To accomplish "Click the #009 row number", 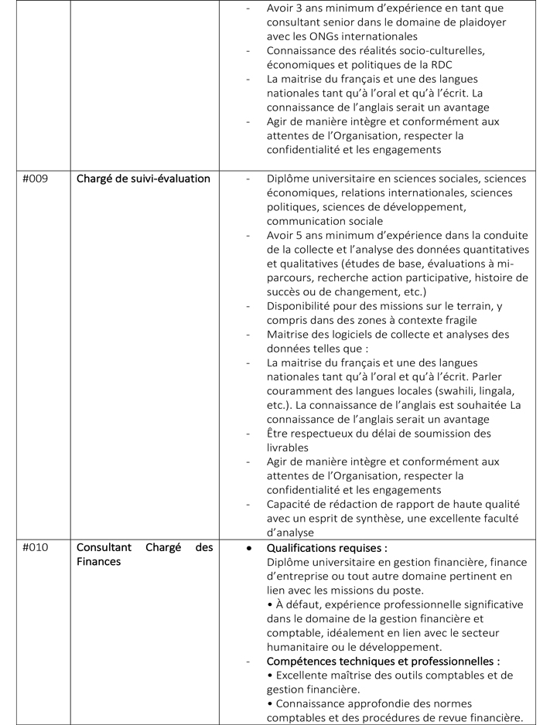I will tap(35, 179).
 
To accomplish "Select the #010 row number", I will tap(35, 547).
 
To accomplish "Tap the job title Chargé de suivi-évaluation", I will tap(143, 179).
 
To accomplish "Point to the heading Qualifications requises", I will tap(326, 547).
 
